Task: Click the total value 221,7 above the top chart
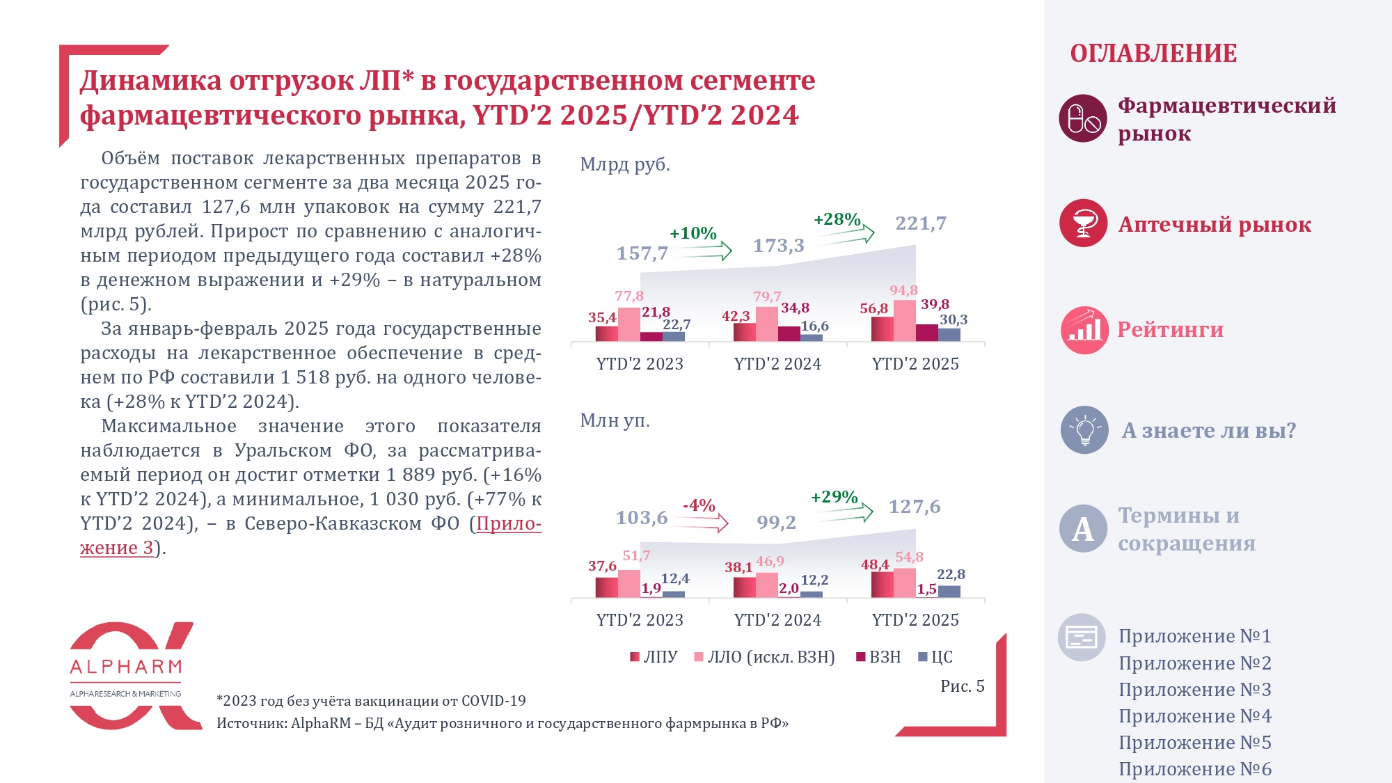(x=920, y=223)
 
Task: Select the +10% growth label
(x=693, y=233)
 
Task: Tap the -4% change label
(x=699, y=505)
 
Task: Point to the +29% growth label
(x=834, y=497)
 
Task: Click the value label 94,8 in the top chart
(x=903, y=290)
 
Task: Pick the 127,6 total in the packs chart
(x=914, y=507)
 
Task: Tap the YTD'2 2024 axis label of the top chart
(x=777, y=364)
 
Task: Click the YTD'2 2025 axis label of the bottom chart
(x=915, y=620)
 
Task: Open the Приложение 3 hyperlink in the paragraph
(x=116, y=548)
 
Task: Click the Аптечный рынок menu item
(x=1215, y=225)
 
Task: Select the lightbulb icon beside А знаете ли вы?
(x=1084, y=430)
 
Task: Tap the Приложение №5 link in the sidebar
(x=1194, y=743)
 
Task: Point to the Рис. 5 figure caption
(x=962, y=686)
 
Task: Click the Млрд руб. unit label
(x=625, y=165)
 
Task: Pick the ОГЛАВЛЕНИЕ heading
(x=1153, y=54)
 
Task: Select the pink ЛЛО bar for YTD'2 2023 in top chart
(x=629, y=324)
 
